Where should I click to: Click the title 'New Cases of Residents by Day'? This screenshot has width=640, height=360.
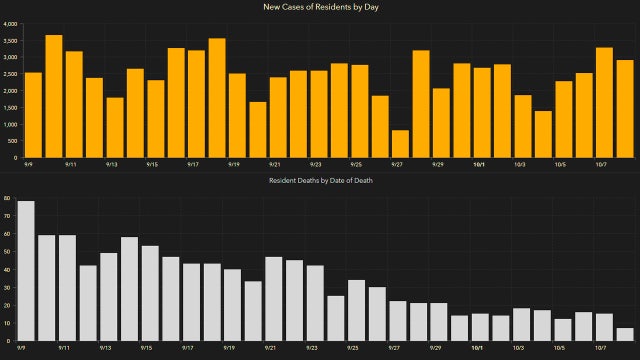320,8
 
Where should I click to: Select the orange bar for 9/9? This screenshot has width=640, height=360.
33,115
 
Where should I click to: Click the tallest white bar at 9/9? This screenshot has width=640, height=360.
26,271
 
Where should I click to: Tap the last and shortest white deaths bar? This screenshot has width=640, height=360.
625,334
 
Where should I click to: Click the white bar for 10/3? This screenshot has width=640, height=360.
521,324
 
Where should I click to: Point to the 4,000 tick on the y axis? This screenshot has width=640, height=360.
10,23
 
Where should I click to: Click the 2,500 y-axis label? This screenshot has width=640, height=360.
10,74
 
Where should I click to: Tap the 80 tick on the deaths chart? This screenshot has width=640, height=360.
8,199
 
